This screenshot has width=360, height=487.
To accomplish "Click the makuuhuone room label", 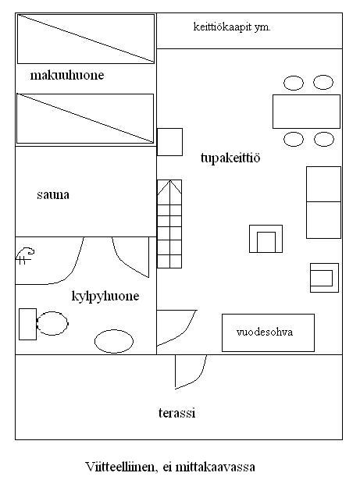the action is pos(67,76).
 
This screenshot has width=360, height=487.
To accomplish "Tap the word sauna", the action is pos(53,195).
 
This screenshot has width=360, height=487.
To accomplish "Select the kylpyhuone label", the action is pos(105,296).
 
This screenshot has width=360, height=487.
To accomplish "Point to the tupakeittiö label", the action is pos(230,158).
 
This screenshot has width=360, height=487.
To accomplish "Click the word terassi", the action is pos(177,413).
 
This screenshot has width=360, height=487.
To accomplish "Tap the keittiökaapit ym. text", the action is pos(232,27).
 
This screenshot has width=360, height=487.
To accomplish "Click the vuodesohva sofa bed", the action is pos(268,332).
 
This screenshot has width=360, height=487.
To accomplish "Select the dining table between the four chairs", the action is pos(306,112).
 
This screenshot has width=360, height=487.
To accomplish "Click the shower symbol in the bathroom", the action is pos(25,256).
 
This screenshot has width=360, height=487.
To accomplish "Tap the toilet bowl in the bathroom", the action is pos(52,323).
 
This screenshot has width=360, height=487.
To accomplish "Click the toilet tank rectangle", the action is pos(27,324).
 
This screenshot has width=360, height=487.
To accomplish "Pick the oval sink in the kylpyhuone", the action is pos(114,341).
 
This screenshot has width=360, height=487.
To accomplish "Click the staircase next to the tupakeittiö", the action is pos(169,224).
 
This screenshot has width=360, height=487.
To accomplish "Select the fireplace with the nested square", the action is pos(266,239).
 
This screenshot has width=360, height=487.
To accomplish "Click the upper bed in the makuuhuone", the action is pos(85,39).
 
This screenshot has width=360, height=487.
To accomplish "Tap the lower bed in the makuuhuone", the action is pos(85,119).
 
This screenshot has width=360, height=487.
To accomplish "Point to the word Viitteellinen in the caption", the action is pos(119,467).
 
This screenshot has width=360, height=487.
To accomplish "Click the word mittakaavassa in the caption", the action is pos(215,467).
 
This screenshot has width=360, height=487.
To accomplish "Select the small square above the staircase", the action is pos(169,142).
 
